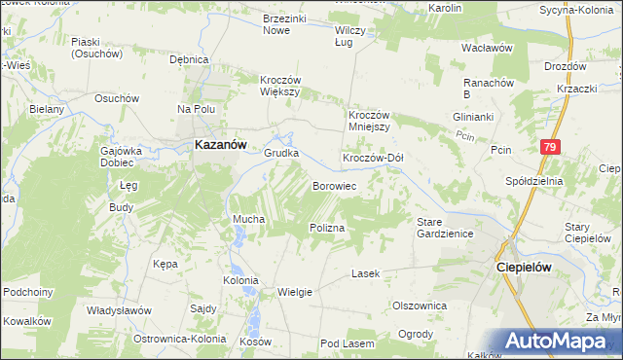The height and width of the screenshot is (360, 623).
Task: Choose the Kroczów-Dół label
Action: click(372, 158)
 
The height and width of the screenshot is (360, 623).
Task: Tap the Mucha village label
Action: click(248, 220)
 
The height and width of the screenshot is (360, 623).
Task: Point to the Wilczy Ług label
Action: click(348, 36)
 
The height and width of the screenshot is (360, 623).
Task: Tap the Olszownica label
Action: click(419, 305)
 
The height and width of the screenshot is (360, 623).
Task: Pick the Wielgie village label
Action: click(295, 291)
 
